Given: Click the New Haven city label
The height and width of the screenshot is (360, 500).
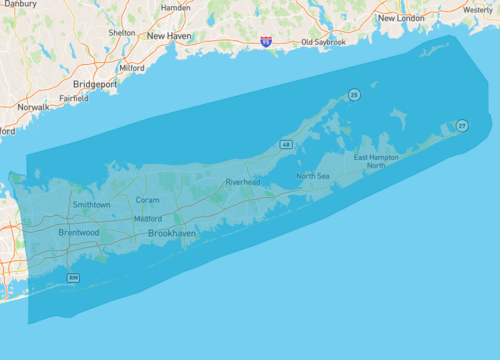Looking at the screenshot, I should [169, 36].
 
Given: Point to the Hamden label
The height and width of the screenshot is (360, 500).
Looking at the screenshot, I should [176, 7].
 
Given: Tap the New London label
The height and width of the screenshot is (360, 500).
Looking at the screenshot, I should [402, 18].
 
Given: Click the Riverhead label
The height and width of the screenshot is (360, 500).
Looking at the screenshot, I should [243, 182].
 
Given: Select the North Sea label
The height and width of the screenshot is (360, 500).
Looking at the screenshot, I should [312, 176].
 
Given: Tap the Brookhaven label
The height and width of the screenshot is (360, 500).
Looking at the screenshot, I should [172, 232].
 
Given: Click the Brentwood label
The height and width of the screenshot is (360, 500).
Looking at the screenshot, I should [78, 232].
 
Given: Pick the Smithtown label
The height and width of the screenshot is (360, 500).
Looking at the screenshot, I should [91, 204].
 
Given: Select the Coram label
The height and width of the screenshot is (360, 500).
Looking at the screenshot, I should [147, 200].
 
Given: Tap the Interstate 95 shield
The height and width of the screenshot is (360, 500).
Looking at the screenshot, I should [265, 42].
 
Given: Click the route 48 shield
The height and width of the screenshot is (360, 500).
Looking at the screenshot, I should [286, 145].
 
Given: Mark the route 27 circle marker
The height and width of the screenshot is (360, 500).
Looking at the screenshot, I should [461, 125].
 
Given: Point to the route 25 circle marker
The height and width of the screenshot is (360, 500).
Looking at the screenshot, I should [353, 94].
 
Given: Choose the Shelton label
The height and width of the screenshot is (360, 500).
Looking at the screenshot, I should [122, 32].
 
